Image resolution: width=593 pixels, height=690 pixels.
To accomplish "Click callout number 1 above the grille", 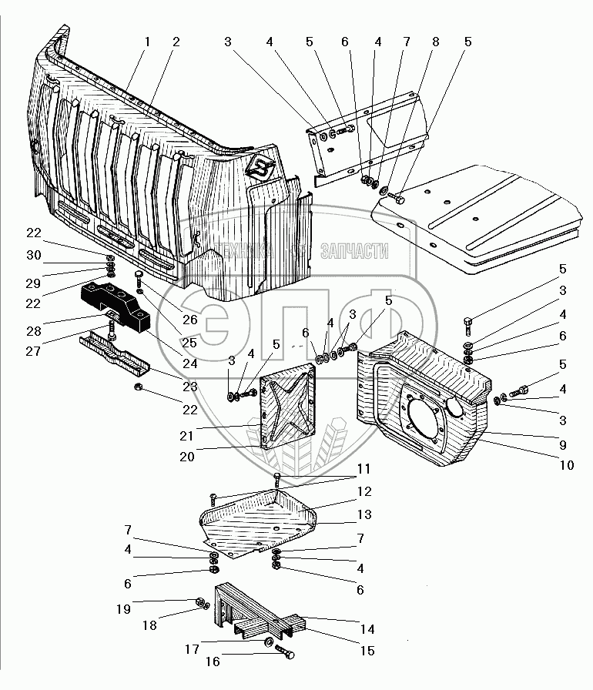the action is (147, 42).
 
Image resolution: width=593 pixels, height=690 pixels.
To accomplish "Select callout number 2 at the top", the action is (176, 42).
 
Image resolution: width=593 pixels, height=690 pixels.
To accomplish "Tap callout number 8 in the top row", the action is (436, 42).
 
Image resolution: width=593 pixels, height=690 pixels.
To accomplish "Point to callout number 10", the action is (567, 464).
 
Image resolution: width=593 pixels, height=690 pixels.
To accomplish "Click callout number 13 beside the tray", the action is (364, 514).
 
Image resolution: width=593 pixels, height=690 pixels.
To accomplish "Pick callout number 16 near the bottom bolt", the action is (213, 662).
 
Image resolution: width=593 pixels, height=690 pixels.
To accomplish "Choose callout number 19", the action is (124, 609).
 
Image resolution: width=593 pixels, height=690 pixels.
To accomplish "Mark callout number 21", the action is (186, 436).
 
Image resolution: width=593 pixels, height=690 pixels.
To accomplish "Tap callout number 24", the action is (190, 363).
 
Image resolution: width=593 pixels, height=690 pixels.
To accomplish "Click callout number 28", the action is (33, 331).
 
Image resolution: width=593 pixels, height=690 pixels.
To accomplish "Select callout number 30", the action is (33, 255).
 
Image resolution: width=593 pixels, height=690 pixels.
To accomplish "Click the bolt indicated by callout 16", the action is (285, 651).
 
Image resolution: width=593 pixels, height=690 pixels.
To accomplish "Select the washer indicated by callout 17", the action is (267, 641).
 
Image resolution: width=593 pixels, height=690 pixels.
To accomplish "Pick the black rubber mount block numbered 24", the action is (116, 305).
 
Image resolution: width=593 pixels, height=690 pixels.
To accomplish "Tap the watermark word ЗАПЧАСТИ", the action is (354, 251).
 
